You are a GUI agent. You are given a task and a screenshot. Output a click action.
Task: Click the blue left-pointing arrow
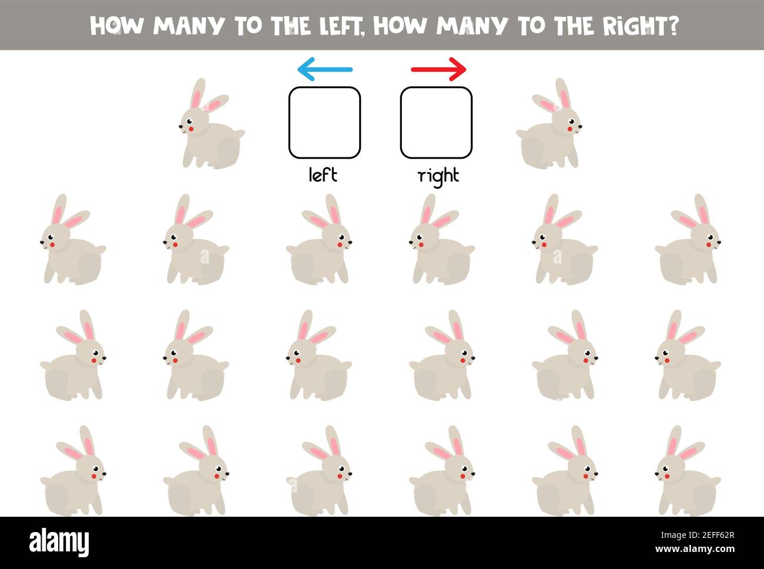point(324,69)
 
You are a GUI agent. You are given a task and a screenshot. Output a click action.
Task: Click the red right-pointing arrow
point(438,69)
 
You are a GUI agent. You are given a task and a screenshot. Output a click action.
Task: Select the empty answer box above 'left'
point(324,123)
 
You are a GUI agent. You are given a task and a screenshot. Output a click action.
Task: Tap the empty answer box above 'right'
point(436,123)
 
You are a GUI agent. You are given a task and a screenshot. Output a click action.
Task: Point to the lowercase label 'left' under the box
point(323,174)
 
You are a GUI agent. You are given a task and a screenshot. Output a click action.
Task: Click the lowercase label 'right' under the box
point(438,176)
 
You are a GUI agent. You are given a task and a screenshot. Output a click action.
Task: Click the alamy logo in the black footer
point(59,542)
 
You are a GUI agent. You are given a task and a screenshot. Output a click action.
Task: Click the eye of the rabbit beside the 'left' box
point(189,120)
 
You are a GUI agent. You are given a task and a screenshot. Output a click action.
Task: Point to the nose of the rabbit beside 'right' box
point(581,126)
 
